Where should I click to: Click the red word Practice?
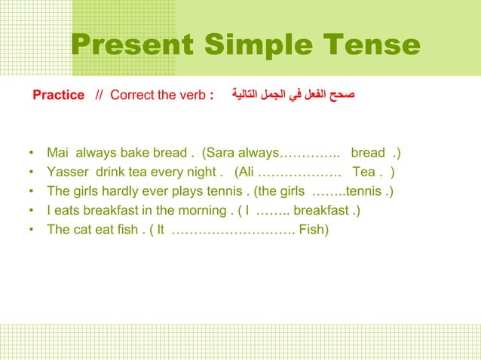tap(59, 96)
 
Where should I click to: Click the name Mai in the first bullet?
tap(57, 154)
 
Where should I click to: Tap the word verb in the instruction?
tap(195, 96)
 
